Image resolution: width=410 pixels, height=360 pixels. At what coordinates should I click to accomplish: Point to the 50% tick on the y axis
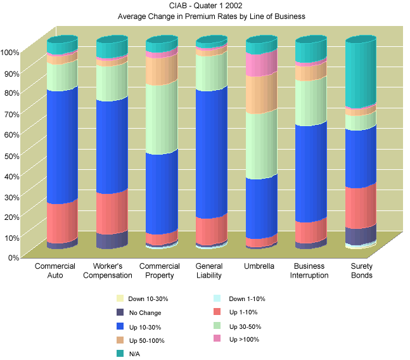pyautogui.click(x=11, y=155)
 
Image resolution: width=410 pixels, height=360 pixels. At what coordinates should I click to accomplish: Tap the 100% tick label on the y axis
pyautogui.click(x=10, y=52)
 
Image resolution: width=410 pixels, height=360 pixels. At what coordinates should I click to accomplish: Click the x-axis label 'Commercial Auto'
pyautogui.click(x=55, y=271)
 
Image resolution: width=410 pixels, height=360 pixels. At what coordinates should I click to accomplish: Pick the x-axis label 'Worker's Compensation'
pyautogui.click(x=112, y=271)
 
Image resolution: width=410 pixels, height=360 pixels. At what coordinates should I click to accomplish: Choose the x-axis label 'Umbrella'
pyautogui.click(x=259, y=266)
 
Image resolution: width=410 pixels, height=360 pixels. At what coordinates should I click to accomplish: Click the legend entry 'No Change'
pyautogui.click(x=144, y=312)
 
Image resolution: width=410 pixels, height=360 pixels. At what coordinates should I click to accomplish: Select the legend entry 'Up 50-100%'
pyautogui.click(x=147, y=340)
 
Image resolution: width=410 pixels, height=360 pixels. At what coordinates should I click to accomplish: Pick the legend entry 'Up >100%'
pyautogui.click(x=243, y=340)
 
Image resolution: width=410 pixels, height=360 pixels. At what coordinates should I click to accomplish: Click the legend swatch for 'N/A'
pyautogui.click(x=120, y=354)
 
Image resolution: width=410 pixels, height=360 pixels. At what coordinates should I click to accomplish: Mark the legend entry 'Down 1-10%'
pyautogui.click(x=247, y=299)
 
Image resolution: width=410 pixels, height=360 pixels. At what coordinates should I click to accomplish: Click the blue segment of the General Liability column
pyautogui.click(x=211, y=152)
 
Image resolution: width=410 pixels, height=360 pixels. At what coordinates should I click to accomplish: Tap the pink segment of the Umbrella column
pyautogui.click(x=260, y=63)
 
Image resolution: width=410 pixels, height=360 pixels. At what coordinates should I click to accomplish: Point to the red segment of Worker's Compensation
pyautogui.click(x=112, y=212)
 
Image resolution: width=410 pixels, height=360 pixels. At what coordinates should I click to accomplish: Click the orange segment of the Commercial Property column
pyautogui.click(x=161, y=70)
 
